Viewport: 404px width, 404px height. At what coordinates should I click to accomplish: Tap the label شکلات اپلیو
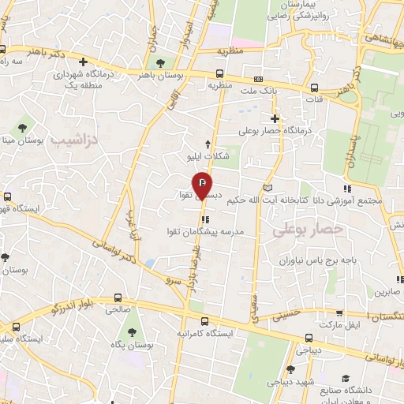207,155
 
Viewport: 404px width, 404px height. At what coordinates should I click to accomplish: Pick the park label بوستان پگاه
133,346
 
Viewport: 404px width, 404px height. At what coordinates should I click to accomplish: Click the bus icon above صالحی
118,298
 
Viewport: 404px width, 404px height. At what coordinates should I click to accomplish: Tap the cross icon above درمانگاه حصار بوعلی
275,118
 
